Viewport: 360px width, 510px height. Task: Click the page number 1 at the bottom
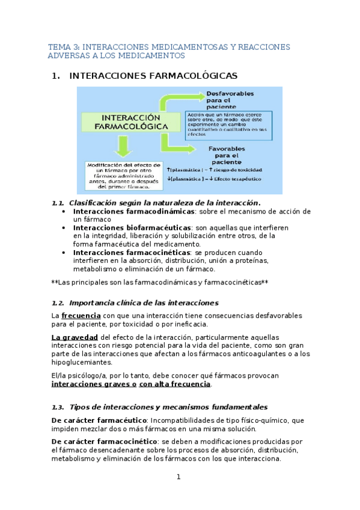pyautogui.click(x=178, y=477)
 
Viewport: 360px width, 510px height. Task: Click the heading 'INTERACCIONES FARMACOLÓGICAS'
pyautogui.click(x=154, y=76)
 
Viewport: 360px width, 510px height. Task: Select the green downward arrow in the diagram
pyautogui.click(x=124, y=146)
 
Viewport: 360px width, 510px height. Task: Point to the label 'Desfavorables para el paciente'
pyautogui.click(x=230, y=100)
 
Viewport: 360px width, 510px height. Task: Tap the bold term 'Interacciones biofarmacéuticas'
pyautogui.click(x=131, y=228)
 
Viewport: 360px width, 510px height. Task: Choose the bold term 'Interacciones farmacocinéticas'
pyautogui.click(x=132, y=253)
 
